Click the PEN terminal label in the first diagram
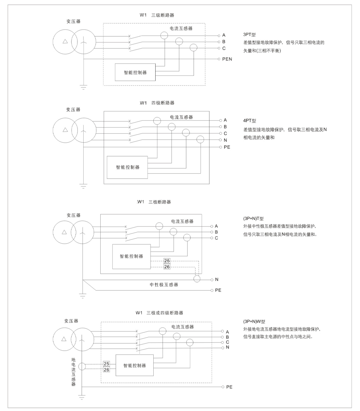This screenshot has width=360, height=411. [227, 59]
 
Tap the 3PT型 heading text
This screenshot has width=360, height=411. [249, 34]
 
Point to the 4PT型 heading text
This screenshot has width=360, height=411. [250, 121]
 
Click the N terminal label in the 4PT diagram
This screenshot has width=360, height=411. [225, 140]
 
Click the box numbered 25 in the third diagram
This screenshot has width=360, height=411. [167, 261]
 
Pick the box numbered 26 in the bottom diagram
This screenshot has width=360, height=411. [106, 370]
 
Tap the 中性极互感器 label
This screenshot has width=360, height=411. [164, 285]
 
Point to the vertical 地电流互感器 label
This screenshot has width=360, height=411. [74, 372]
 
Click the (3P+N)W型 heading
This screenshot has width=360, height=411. [254, 322]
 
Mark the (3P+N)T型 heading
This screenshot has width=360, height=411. [254, 218]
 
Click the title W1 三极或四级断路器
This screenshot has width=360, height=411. [159, 313]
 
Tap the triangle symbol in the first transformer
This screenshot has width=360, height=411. [65, 41]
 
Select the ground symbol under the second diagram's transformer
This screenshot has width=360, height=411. [83, 186]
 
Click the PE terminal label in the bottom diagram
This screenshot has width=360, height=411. [229, 387]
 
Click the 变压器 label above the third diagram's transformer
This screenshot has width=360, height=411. [74, 215]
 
